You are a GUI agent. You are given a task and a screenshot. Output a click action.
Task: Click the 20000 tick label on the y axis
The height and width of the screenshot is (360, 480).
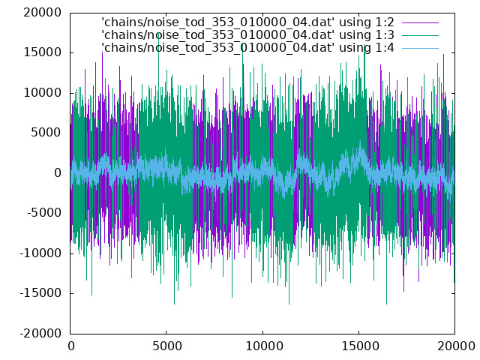43,13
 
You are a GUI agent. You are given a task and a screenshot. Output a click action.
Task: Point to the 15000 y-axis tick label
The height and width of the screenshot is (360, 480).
43,52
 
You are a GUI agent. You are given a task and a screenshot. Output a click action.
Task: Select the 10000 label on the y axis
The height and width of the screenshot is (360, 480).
43,93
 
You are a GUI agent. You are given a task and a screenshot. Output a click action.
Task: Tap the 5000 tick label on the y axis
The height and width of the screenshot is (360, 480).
46,133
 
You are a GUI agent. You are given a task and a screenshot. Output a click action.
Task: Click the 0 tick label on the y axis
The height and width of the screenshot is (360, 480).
58,173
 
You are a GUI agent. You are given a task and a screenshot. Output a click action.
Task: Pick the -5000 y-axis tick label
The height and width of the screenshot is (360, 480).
44,213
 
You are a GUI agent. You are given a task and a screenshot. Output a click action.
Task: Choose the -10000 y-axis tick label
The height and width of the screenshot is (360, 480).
40,253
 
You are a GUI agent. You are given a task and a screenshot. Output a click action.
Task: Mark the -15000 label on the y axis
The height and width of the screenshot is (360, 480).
40,293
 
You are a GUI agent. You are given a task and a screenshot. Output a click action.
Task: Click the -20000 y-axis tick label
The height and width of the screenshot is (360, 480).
40,333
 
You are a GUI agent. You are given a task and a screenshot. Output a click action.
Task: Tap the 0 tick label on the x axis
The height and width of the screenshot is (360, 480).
71,346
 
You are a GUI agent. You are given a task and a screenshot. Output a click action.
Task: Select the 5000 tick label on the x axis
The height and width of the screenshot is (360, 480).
166,346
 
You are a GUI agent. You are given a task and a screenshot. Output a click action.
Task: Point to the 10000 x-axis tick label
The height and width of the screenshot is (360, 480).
263,346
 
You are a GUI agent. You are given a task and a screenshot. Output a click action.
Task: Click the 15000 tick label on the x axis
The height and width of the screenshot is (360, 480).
358,346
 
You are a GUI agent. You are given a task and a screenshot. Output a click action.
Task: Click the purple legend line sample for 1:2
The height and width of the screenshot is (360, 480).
420,22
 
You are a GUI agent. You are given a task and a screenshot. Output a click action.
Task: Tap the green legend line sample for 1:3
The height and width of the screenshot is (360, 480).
420,35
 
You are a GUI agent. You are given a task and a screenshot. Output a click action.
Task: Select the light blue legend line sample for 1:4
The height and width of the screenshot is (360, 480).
420,48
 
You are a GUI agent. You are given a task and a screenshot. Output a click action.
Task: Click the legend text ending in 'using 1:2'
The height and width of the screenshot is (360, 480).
247,22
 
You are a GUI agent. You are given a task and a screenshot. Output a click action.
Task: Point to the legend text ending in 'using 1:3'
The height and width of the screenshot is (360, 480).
247,35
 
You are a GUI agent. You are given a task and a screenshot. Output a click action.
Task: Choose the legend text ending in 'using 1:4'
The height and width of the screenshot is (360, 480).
247,48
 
